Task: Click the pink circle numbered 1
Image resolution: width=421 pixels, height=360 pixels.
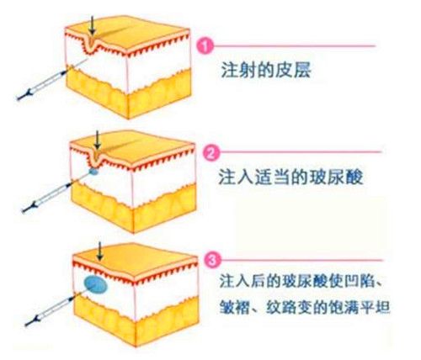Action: (x=206, y=46)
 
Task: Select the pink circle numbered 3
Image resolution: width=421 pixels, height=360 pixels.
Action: (x=213, y=260)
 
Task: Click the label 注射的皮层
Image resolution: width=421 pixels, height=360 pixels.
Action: (x=266, y=70)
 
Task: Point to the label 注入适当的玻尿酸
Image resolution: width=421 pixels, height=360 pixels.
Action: (x=290, y=177)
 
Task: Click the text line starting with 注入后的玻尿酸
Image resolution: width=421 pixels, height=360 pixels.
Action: (x=301, y=281)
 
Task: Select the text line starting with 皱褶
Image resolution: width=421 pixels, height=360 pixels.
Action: (x=305, y=307)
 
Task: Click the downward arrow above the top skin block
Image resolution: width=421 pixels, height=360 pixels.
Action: (x=92, y=25)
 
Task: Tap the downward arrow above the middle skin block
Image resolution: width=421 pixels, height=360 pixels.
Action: (x=97, y=140)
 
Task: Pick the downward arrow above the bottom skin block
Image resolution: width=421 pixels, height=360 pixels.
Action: (x=99, y=251)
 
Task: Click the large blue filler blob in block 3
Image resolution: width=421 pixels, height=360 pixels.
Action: (x=96, y=284)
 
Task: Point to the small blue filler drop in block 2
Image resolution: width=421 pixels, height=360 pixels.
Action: (x=93, y=171)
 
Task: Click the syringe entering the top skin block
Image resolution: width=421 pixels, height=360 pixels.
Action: (x=53, y=79)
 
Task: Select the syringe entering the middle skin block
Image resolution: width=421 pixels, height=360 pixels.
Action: (x=57, y=193)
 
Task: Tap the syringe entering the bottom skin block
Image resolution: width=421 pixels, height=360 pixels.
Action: (x=55, y=309)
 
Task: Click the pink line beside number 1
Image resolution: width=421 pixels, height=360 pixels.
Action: (x=295, y=45)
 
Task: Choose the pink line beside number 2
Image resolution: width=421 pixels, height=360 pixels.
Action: (x=301, y=152)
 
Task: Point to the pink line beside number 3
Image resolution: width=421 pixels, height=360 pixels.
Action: (x=302, y=260)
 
